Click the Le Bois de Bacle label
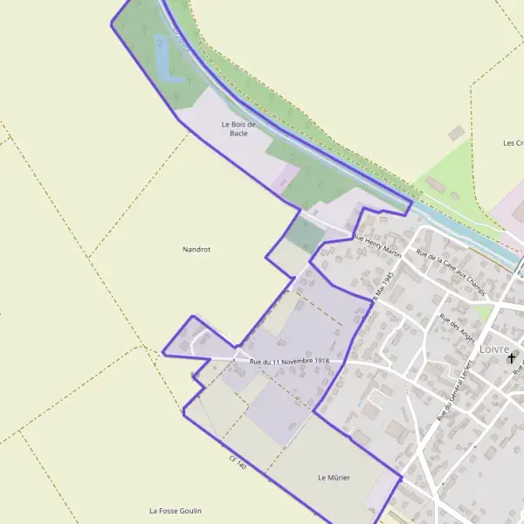[238, 128]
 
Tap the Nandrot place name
[196, 249]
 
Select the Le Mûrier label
[334, 478]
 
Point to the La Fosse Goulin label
[176, 510]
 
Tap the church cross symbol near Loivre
[511, 358]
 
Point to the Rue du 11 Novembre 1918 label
[289, 362]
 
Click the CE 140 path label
[238, 462]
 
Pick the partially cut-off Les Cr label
[513, 142]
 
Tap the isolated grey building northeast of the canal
[456, 133]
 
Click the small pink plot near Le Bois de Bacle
[280, 181]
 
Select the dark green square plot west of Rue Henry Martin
[304, 233]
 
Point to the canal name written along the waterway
[181, 37]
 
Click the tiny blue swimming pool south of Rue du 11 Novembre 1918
[359, 403]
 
